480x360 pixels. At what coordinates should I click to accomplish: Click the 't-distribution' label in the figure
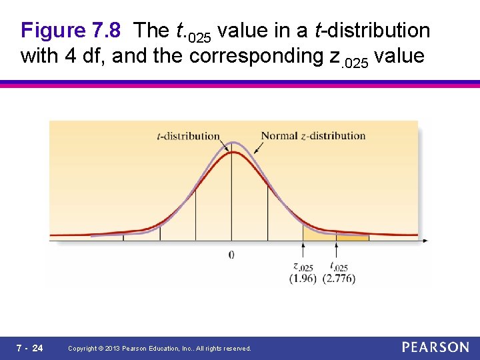click(187, 136)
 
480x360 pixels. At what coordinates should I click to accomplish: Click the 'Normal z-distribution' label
click(313, 136)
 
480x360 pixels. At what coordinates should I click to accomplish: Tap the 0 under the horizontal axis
click(231, 254)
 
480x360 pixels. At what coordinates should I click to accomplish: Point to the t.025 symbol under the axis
click(339, 268)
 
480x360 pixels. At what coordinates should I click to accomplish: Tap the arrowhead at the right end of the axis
click(424, 240)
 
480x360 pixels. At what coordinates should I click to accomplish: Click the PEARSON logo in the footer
click(435, 347)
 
